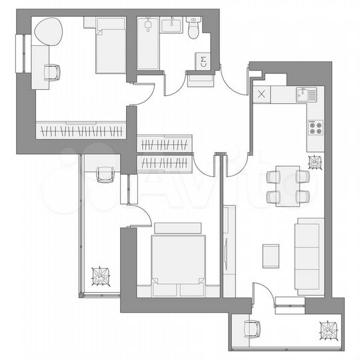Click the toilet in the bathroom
click(x=194, y=30)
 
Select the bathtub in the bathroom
click(x=149, y=43)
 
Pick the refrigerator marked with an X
click(x=261, y=95)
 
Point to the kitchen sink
click(x=305, y=94)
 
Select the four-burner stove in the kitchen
click(x=315, y=125)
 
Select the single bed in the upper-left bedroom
click(x=111, y=47)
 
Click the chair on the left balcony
click(x=105, y=174)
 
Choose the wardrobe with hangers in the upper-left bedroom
click(x=81, y=129)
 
